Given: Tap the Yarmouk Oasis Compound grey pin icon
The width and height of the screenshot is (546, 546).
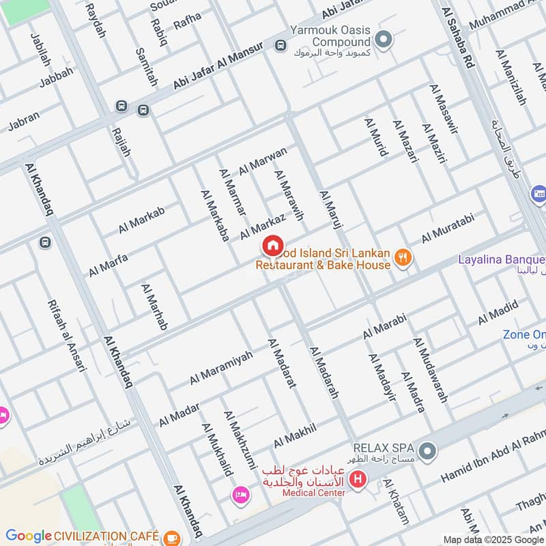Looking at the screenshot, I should point(384,40).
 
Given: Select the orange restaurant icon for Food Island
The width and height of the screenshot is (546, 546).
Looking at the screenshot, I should point(403,257).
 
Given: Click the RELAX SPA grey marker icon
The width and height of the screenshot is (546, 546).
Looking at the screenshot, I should point(427,450).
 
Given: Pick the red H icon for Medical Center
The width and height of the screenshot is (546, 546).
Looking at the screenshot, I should point(357,480).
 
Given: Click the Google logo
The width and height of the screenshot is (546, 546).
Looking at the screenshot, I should point(29,536).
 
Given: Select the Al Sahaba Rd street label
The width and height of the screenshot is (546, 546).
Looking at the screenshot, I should point(458,41).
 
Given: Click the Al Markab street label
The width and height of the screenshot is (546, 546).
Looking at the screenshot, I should point(141,220).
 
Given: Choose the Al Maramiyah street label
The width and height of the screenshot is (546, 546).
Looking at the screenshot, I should point(221,367).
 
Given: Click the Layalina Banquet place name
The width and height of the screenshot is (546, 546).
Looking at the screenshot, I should point(501,259).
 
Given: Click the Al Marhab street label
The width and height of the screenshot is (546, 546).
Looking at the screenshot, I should point(154,306).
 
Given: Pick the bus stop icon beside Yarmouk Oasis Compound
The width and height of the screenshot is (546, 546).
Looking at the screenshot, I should point(280,45).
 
